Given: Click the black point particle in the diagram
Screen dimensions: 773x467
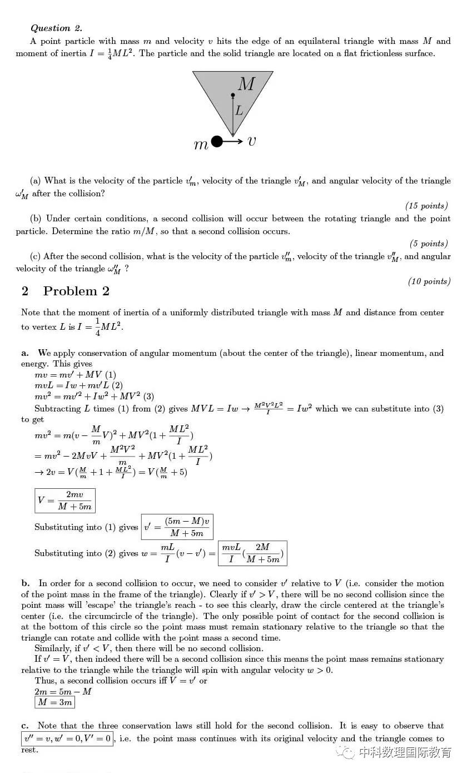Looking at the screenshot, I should pos(217,142).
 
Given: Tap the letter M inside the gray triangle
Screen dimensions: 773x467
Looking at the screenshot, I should pos(246,85).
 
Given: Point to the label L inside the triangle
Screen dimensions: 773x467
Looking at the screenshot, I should pos(239,111).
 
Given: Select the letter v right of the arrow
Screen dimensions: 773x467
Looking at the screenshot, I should pos(252,141).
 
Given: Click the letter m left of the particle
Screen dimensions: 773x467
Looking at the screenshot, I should pos(201,145).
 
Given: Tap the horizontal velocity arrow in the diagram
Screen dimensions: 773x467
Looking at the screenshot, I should pos(233,142).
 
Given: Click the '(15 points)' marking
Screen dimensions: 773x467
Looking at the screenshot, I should pos(426,206).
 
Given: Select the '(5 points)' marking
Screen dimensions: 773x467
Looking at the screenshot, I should pos(429,244).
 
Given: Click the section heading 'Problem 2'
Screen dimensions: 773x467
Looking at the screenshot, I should pos(76,291).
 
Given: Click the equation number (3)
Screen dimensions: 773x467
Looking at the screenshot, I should pos(148,397).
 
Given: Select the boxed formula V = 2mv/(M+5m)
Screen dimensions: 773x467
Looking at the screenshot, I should pos(65,501).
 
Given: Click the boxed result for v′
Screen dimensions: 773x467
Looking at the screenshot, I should pos(177,527).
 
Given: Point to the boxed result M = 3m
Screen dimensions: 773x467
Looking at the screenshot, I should pos(54,702).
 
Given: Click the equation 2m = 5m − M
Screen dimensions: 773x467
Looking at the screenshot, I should pos(63,691).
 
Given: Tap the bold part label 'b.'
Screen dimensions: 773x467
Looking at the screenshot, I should pos(26,583).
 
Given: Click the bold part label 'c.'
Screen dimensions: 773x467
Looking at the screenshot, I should pos(26,726).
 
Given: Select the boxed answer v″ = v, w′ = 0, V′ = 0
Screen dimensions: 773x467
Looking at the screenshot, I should pos(67,739).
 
